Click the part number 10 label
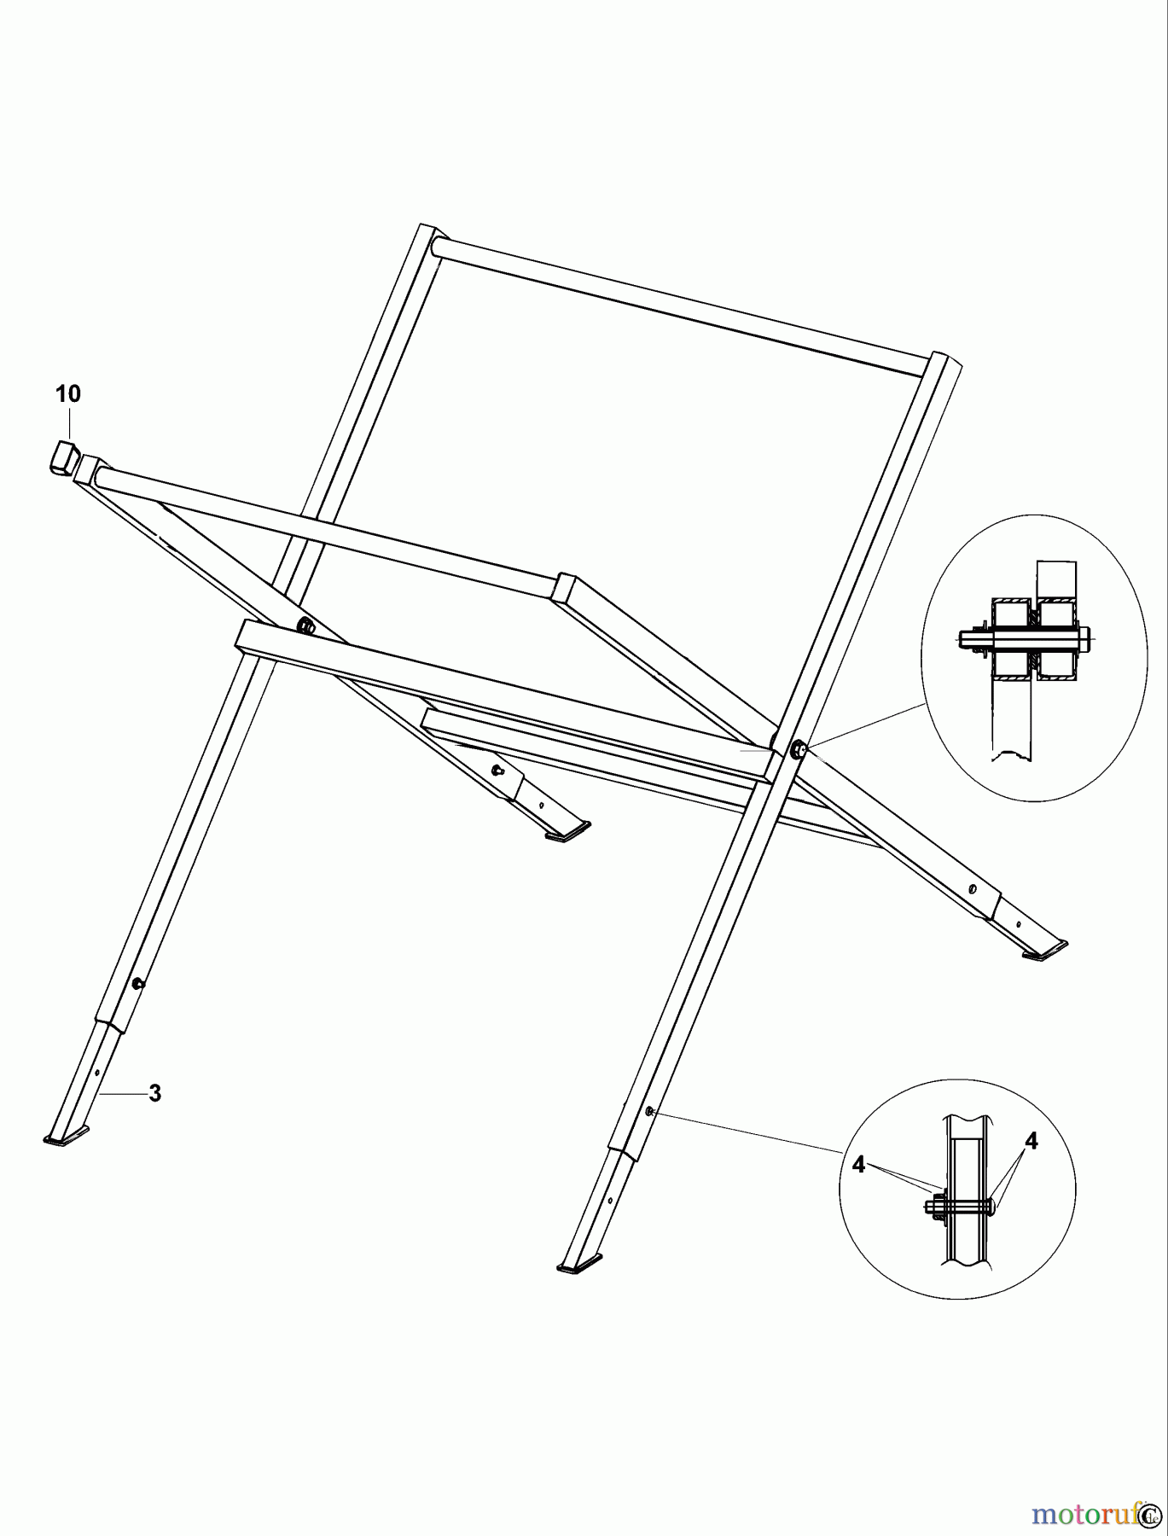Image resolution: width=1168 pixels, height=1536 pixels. [x=68, y=394]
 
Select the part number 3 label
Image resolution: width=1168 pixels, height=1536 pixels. [x=154, y=1093]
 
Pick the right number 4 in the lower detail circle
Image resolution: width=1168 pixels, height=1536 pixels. [x=1031, y=1141]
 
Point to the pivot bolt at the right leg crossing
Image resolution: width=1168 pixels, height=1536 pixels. [x=799, y=750]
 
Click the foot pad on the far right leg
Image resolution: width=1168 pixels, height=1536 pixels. [x=1045, y=951]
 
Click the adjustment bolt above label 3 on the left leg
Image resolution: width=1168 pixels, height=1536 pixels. [x=137, y=984]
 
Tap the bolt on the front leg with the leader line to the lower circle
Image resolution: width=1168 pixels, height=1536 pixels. [x=650, y=1111]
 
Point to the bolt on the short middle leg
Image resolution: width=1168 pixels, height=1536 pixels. [x=497, y=771]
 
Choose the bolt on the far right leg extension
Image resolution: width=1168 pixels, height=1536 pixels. [x=972, y=889]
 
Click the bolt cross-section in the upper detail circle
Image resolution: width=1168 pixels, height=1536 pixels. [x=1024, y=637]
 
